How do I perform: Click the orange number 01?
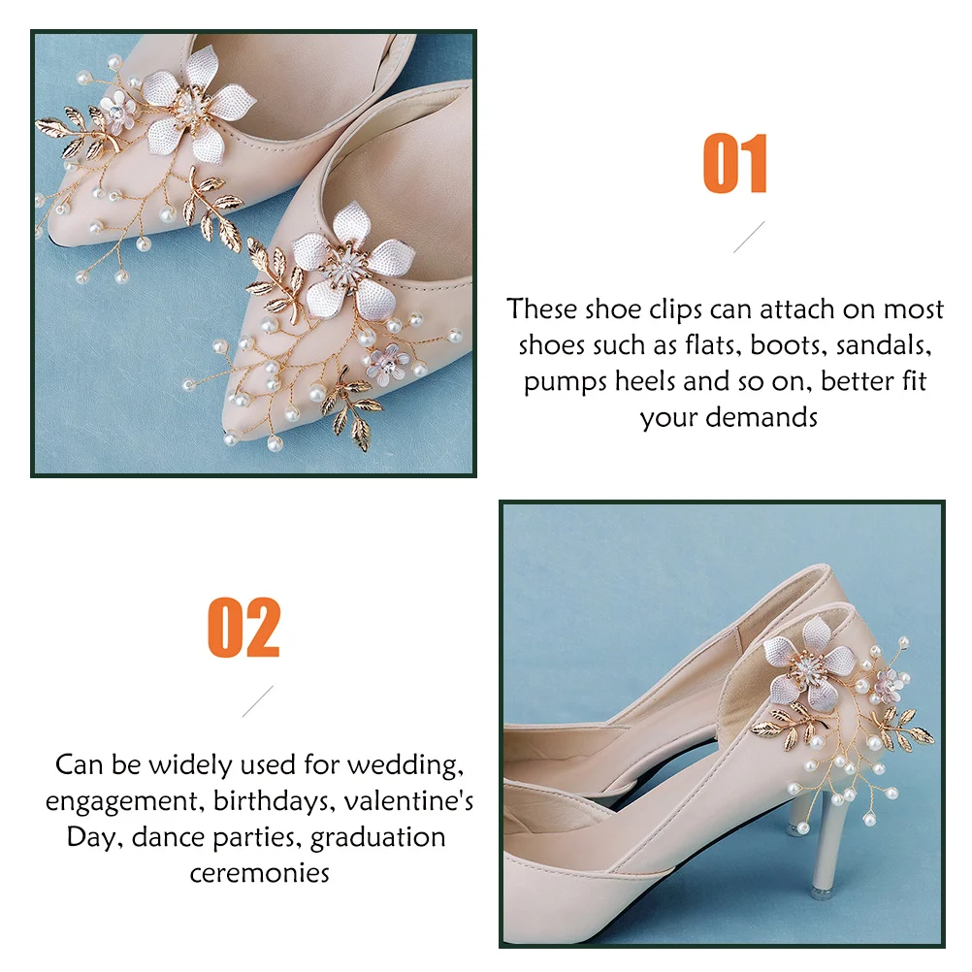click(x=735, y=165)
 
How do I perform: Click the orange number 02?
click(x=243, y=628)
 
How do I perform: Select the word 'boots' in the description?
click(x=785, y=345)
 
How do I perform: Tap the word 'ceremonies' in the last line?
click(x=259, y=871)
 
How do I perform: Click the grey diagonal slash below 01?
click(x=748, y=237)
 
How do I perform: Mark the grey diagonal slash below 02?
click(x=257, y=700)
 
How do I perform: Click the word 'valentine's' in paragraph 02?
click(x=415, y=800)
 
